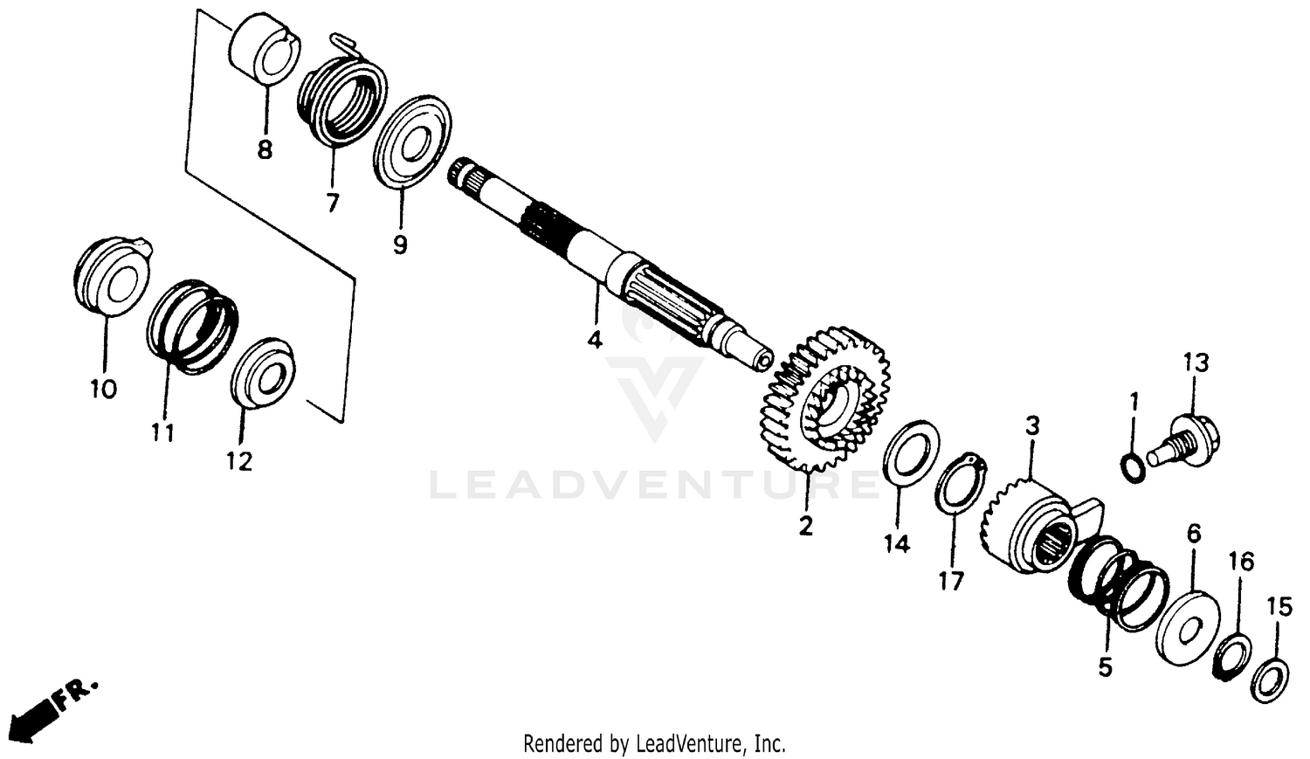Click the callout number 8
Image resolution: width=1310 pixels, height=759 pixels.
tap(265, 149)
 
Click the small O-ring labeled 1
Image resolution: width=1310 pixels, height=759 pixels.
tap(1133, 467)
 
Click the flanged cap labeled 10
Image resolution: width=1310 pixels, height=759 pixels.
tap(108, 276)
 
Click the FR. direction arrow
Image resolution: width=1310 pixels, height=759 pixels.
tap(39, 712)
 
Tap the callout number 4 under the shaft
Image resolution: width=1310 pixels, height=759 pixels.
tap(595, 339)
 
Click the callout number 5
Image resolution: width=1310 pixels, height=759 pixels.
tap(1105, 668)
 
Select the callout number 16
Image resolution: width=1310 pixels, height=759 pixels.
tap(1241, 561)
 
